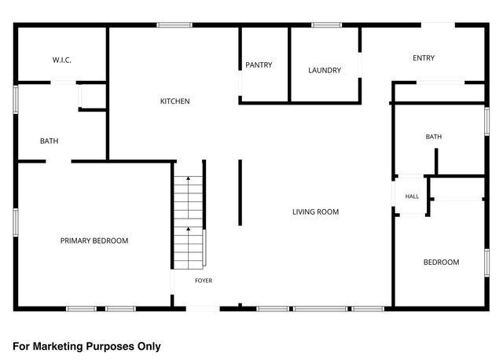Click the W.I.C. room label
(x=62, y=60)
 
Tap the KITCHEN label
(x=174, y=101)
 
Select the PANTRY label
(x=259, y=64)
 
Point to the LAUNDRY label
(x=325, y=70)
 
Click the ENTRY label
(x=424, y=58)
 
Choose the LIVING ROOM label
(x=315, y=211)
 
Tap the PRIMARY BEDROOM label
(x=94, y=241)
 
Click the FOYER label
(x=204, y=281)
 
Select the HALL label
(x=412, y=197)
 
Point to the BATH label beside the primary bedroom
(x=49, y=141)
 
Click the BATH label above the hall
(x=433, y=137)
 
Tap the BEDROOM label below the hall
(x=441, y=262)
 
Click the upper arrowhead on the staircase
(x=189, y=178)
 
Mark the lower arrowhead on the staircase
(x=189, y=229)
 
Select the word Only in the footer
(x=149, y=347)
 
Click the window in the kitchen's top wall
(x=174, y=25)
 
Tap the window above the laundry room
(x=327, y=25)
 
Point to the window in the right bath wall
(x=487, y=121)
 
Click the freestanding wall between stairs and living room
(x=240, y=193)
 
